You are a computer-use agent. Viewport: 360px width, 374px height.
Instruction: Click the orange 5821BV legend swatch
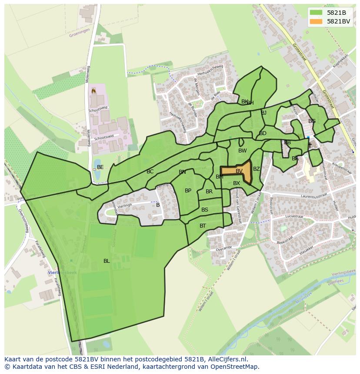click(317, 21)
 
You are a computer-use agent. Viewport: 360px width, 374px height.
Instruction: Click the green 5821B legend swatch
click(317, 13)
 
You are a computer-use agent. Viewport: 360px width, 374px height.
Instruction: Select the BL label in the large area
click(107, 261)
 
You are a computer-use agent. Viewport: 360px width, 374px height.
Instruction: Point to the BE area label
click(100, 167)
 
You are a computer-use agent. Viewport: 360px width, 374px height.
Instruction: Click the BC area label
click(150, 172)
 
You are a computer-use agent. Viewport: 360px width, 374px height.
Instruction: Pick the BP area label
click(188, 191)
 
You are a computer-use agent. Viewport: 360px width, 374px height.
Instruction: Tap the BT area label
click(203, 226)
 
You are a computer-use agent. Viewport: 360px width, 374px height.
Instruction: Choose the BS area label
click(205, 210)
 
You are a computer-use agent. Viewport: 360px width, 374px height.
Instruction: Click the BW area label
click(242, 151)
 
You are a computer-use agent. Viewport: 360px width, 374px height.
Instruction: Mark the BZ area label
click(257, 169)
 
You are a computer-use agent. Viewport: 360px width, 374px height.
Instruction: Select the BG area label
click(312, 121)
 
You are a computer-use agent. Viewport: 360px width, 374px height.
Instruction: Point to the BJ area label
click(263, 113)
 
